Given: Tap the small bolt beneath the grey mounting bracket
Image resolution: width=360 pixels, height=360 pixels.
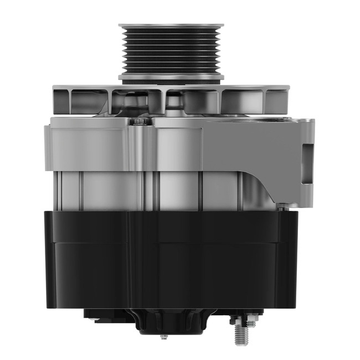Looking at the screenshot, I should [x=284, y=207].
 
